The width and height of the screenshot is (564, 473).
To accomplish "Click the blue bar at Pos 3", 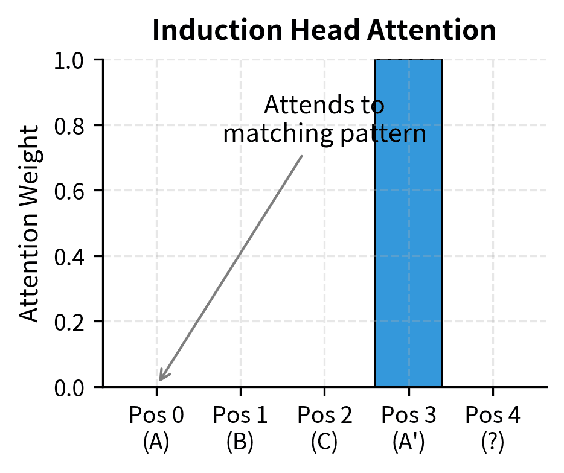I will click(408, 223).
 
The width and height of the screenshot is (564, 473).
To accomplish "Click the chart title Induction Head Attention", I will click(324, 31).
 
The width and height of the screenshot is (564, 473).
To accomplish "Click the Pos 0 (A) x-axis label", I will click(156, 428).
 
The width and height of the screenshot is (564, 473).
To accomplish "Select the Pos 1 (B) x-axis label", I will click(240, 428).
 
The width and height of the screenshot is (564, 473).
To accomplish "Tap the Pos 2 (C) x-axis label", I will click(324, 428).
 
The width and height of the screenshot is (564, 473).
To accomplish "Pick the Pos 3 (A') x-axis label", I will click(409, 428).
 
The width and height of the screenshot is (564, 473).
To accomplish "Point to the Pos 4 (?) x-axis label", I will click(493, 428).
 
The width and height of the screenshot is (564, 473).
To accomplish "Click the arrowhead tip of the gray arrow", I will click(159, 381).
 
